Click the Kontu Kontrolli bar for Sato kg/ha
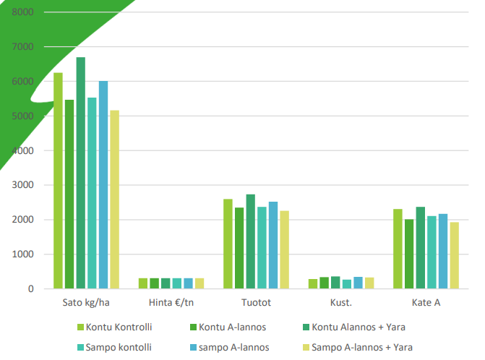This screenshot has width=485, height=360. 58,181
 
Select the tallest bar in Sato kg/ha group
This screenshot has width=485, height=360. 81,173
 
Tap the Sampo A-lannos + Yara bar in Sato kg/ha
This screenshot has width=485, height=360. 114,200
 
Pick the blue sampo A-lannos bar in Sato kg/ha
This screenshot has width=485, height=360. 103,185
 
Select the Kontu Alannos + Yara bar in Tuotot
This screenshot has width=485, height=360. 250,241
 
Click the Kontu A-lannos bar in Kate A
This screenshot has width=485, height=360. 409,254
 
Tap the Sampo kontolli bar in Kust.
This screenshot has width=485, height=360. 347,284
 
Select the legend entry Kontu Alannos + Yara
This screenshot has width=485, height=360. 353,327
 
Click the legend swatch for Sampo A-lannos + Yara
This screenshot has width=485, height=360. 307,347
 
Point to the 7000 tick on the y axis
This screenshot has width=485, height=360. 23,47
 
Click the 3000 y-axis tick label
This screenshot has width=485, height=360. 23,185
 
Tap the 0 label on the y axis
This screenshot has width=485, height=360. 30,289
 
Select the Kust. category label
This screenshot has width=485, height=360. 341,303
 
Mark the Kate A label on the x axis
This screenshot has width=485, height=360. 426,303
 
